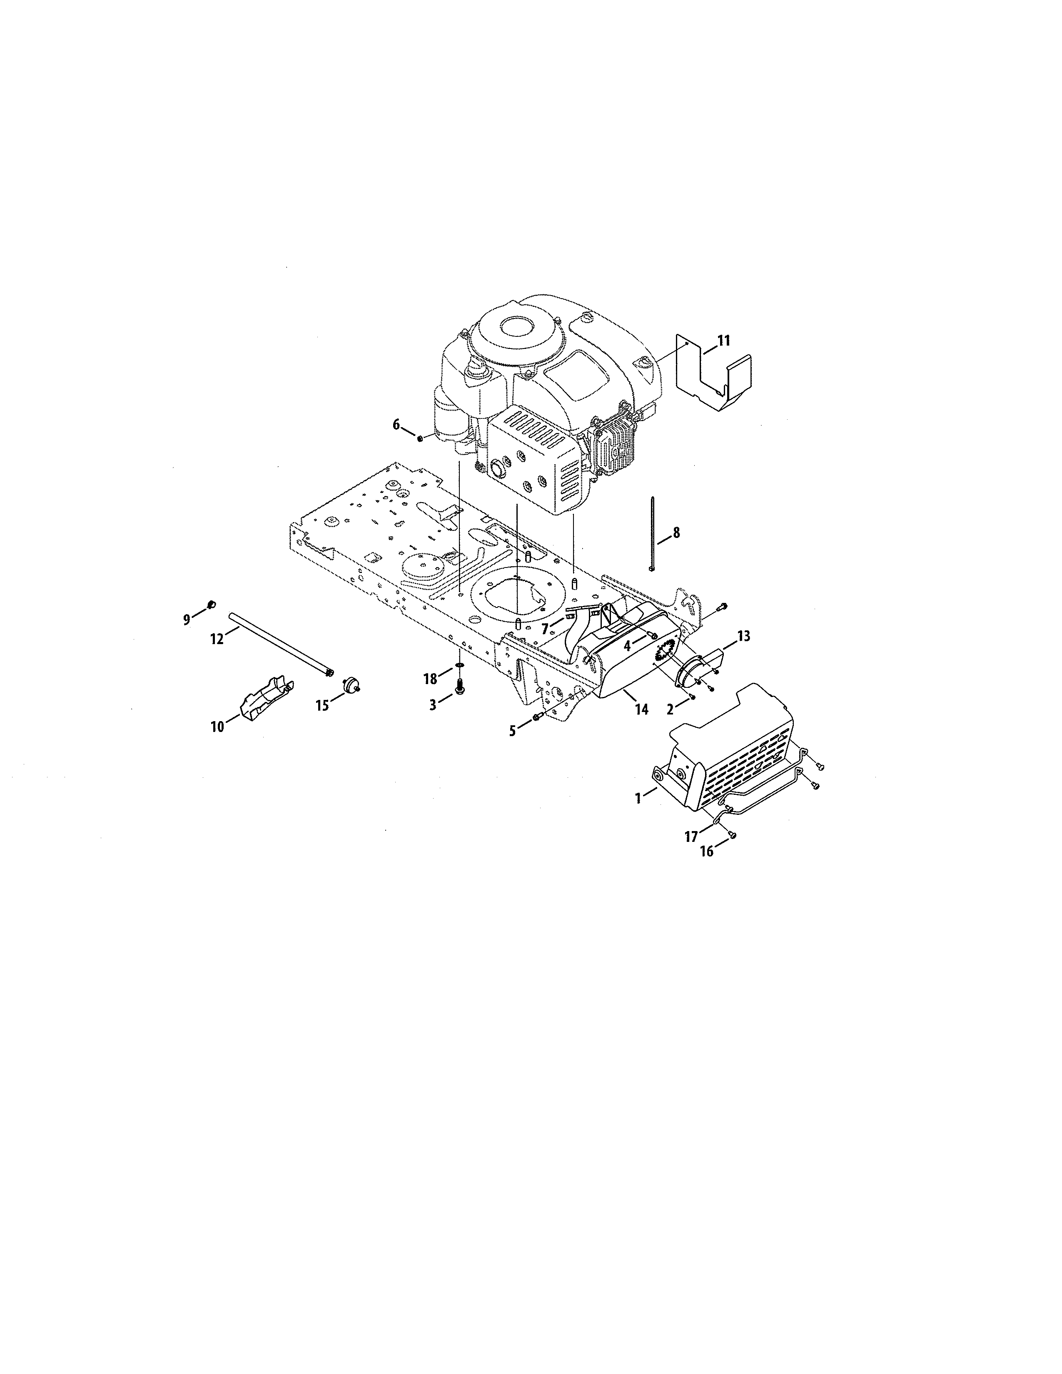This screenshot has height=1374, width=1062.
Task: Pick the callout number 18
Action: pos(430,679)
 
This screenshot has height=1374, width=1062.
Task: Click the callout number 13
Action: pos(744,636)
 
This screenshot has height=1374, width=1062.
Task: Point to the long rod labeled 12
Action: pos(280,645)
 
